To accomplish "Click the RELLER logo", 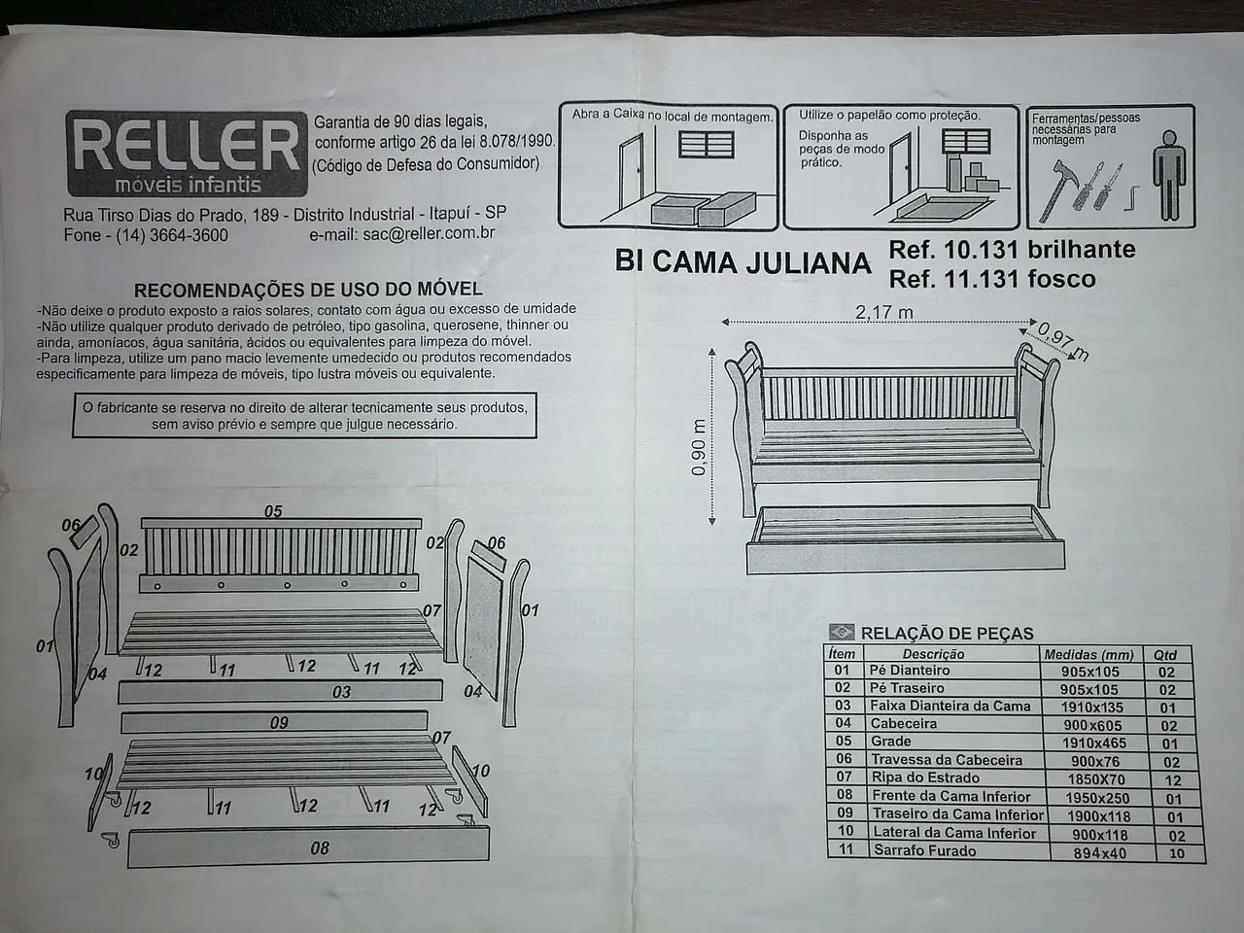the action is click(187, 154).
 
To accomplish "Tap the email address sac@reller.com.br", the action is click(429, 233).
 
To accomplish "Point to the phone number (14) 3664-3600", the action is click(172, 235).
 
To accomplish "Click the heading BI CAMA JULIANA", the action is click(743, 261).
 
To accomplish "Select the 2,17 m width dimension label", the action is click(883, 312).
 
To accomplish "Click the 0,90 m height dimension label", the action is click(699, 447).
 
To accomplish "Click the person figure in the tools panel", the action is click(1168, 175).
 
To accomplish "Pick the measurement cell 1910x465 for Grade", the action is click(1093, 743).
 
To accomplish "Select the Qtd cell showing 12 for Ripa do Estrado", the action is click(1173, 780).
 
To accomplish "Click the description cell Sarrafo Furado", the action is click(925, 850).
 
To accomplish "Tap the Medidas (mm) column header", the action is click(1088, 655).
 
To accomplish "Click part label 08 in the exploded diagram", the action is click(320, 848).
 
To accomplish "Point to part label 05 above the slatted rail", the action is click(272, 511).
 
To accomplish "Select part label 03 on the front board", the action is click(341, 692).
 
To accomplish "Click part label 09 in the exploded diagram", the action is click(279, 723).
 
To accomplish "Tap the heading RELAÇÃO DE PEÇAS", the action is click(947, 634).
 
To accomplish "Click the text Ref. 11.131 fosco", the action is click(992, 279).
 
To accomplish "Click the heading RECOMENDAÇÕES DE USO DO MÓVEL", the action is click(308, 290).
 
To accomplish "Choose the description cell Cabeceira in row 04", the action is click(904, 723).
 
